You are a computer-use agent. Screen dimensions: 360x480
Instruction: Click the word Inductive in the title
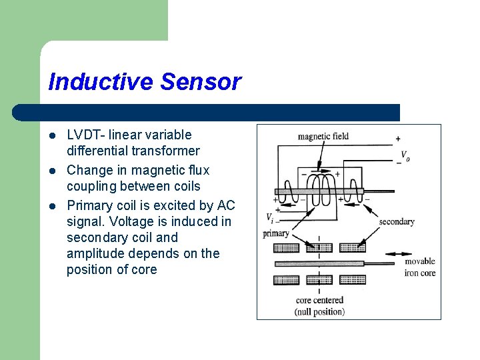(x=101, y=82)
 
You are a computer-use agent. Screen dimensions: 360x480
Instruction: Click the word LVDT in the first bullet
(x=85, y=135)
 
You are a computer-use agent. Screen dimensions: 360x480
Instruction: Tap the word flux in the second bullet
(x=197, y=170)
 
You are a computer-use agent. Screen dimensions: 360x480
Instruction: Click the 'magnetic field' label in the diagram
(x=323, y=137)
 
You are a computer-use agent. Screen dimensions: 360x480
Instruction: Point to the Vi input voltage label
(x=269, y=217)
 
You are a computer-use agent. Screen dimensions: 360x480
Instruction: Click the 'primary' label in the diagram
(x=276, y=233)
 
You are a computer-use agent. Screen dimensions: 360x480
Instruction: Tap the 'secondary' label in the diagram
(x=397, y=221)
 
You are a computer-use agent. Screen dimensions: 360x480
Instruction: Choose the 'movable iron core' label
(x=420, y=267)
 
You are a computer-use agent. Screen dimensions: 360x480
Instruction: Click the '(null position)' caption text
(x=319, y=311)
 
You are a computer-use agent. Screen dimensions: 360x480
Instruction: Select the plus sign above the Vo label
(x=398, y=139)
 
